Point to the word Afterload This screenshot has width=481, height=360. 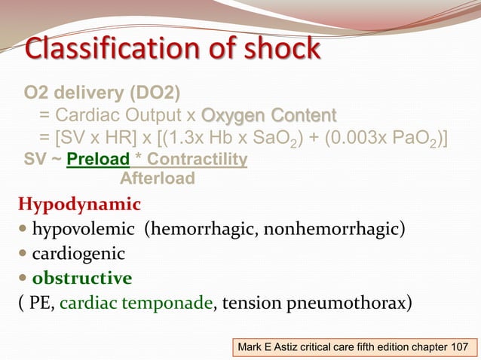point(158,178)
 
